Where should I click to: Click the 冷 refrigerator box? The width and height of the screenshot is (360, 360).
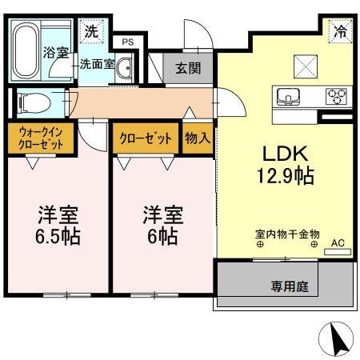tap(340, 34)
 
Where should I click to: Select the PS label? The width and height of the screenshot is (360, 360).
tap(127, 42)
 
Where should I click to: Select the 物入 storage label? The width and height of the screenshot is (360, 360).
tap(197, 138)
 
